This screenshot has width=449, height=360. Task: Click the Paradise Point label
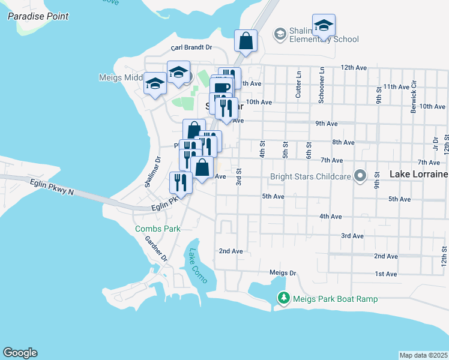[x=38, y=16]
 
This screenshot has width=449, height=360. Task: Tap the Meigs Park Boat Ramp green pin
[x=283, y=298]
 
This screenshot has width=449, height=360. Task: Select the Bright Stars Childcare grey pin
[x=360, y=176]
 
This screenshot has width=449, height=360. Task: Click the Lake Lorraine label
[x=418, y=174]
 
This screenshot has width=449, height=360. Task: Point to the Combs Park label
[x=157, y=229]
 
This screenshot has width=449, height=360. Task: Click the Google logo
[x=20, y=353]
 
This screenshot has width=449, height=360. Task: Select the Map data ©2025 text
[x=423, y=355]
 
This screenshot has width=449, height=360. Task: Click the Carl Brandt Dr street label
[x=191, y=47]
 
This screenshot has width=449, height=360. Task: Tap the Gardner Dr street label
[x=154, y=248]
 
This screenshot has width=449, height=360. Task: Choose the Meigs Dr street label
[x=283, y=272]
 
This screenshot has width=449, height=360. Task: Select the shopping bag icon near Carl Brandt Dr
[x=246, y=41]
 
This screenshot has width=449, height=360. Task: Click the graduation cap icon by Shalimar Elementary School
[x=324, y=25]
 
